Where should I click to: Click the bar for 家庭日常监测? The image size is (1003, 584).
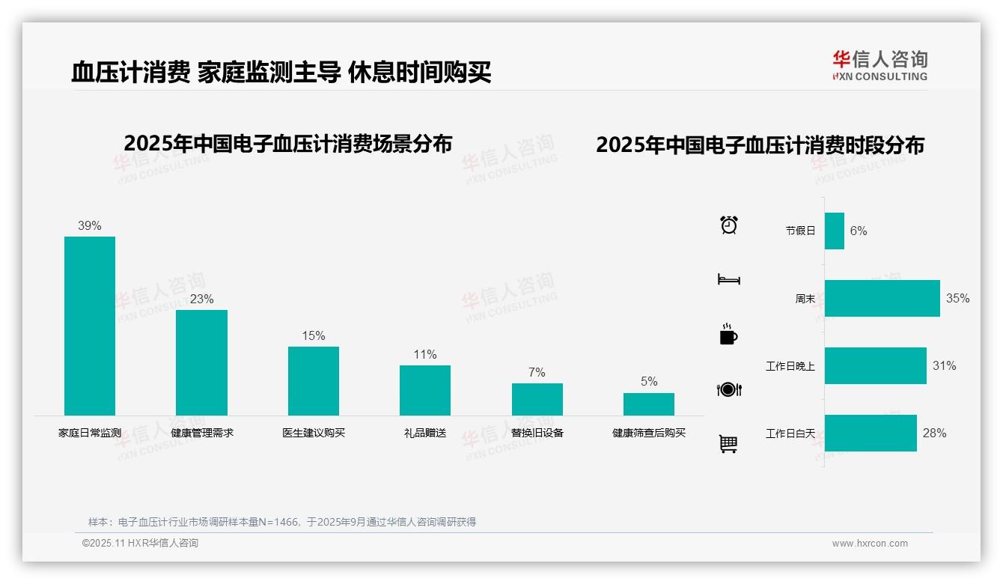[90, 326]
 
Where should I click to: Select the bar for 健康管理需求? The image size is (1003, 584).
[201, 362]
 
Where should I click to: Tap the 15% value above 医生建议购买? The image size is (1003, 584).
[314, 336]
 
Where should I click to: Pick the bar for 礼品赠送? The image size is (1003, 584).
[425, 390]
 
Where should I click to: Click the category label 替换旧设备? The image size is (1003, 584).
[537, 433]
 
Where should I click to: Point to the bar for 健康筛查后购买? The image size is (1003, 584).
[649, 404]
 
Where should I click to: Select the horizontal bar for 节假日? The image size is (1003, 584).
[835, 231]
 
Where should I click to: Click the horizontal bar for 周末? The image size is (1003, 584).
[882, 298]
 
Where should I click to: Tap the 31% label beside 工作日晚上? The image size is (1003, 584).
[944, 365]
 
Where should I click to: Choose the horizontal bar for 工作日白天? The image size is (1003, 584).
[871, 433]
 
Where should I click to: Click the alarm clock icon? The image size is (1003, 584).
[729, 225]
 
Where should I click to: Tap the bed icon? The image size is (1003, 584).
[729, 279]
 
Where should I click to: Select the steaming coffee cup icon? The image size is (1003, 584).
[728, 334]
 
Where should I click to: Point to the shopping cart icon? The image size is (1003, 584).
[728, 444]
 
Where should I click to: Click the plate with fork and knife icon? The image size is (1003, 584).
[729, 389]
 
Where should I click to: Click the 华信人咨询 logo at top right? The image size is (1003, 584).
[879, 65]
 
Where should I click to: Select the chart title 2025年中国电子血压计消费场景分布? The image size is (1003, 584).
[288, 144]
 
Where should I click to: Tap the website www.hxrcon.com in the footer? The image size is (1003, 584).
[870, 544]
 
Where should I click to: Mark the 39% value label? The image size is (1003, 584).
[90, 225]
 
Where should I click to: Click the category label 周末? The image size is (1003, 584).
[805, 299]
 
